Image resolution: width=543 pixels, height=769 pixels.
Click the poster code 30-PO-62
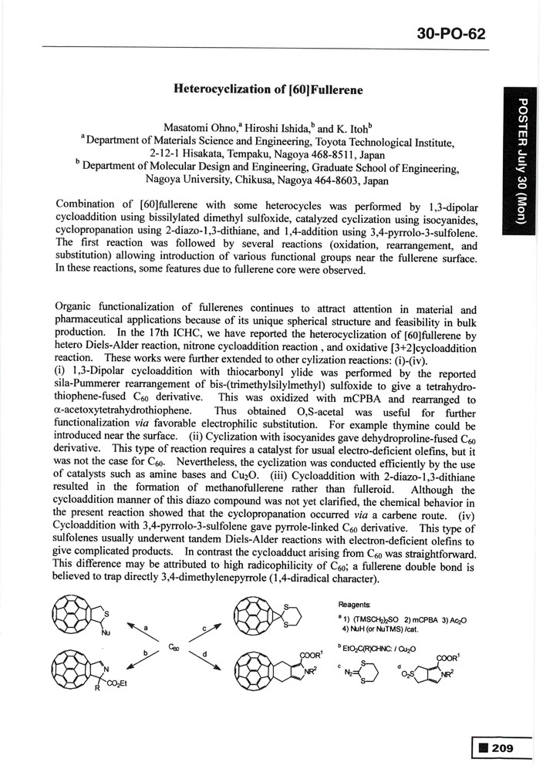pyautogui.click(x=450, y=34)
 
